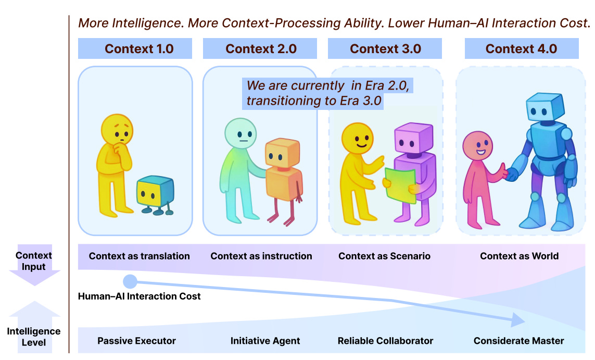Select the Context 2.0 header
pos(260,49)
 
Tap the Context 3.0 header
pos(385,49)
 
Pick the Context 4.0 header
pos(521,49)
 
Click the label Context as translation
pos(139,256)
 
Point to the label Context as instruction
pos(261,256)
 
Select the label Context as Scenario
pos(384,256)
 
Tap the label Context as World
pos(519,256)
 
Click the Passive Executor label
pos(136,341)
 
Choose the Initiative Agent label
pos(265,341)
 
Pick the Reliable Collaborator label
pos(385,341)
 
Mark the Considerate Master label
pos(518,341)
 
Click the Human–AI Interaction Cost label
pos(139,296)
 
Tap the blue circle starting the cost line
pos(130,282)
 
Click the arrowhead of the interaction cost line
pos(517,319)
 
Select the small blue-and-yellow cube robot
pos(155,194)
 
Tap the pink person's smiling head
pos(477,146)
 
